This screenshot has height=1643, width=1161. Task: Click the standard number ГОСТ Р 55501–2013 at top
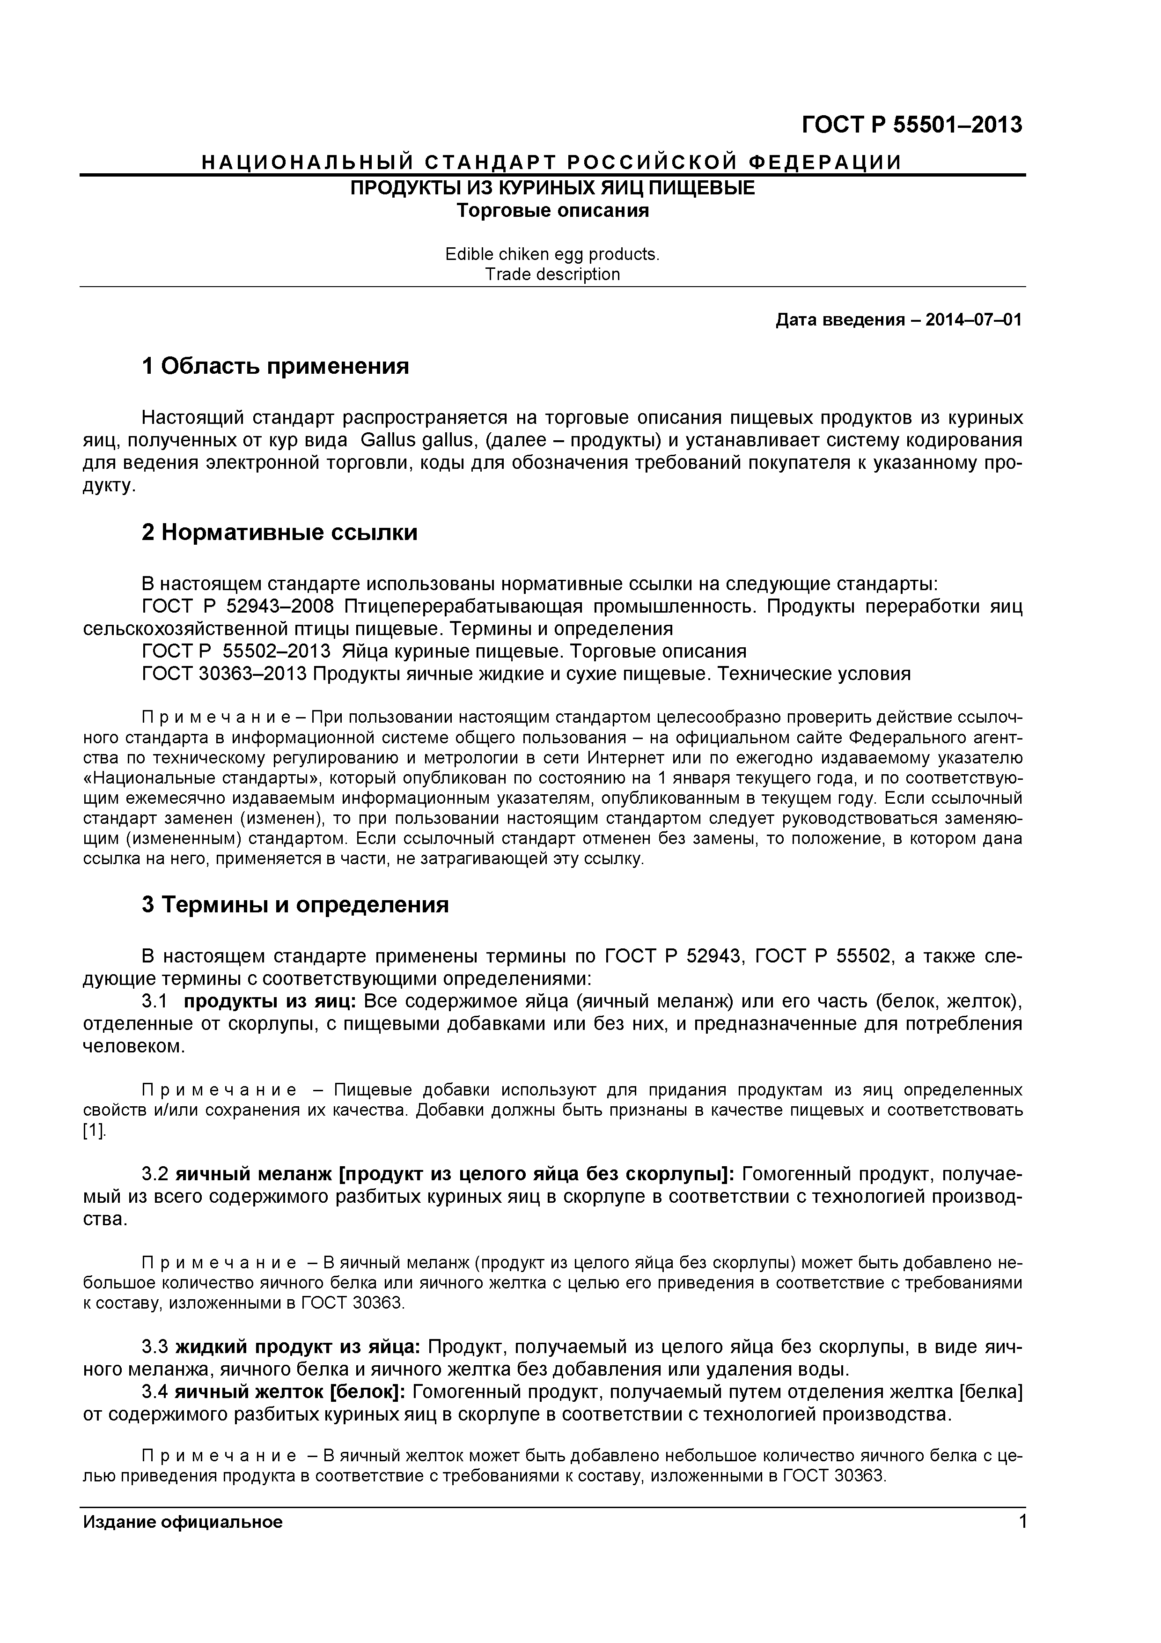[x=912, y=125]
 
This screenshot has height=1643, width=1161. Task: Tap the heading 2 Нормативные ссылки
[x=279, y=533]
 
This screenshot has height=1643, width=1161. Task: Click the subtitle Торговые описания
[x=552, y=211]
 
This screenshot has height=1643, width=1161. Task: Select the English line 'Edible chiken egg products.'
[x=552, y=254]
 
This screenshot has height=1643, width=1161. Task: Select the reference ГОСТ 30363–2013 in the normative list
[x=225, y=673]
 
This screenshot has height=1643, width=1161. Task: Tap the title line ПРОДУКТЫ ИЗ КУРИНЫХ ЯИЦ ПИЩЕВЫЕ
[x=552, y=189]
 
